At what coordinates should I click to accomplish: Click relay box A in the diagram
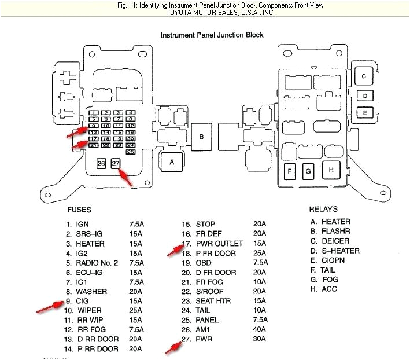171,162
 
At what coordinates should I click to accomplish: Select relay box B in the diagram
201,137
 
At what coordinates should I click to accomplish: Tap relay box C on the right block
364,76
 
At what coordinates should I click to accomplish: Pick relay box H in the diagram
331,170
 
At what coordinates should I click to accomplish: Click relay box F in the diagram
290,171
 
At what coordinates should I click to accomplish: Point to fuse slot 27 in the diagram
116,164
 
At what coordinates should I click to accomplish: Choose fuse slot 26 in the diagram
101,164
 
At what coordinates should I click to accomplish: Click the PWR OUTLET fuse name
220,244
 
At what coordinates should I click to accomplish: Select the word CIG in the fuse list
83,301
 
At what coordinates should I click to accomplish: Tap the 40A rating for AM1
259,330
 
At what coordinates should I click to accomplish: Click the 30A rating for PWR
259,340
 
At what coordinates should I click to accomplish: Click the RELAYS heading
323,209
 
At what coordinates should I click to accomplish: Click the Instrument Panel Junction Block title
212,35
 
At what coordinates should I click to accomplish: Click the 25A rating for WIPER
136,310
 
